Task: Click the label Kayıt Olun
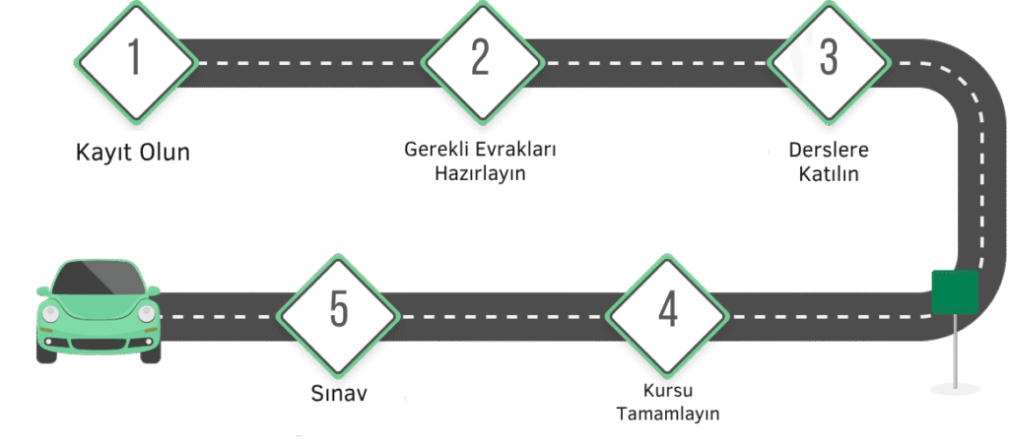click(x=133, y=154)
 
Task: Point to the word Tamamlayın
click(x=668, y=413)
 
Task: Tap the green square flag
click(x=955, y=293)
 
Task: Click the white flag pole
click(x=955, y=350)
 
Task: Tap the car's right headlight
click(x=145, y=314)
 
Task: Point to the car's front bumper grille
click(x=99, y=344)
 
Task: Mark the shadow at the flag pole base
click(x=955, y=388)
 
